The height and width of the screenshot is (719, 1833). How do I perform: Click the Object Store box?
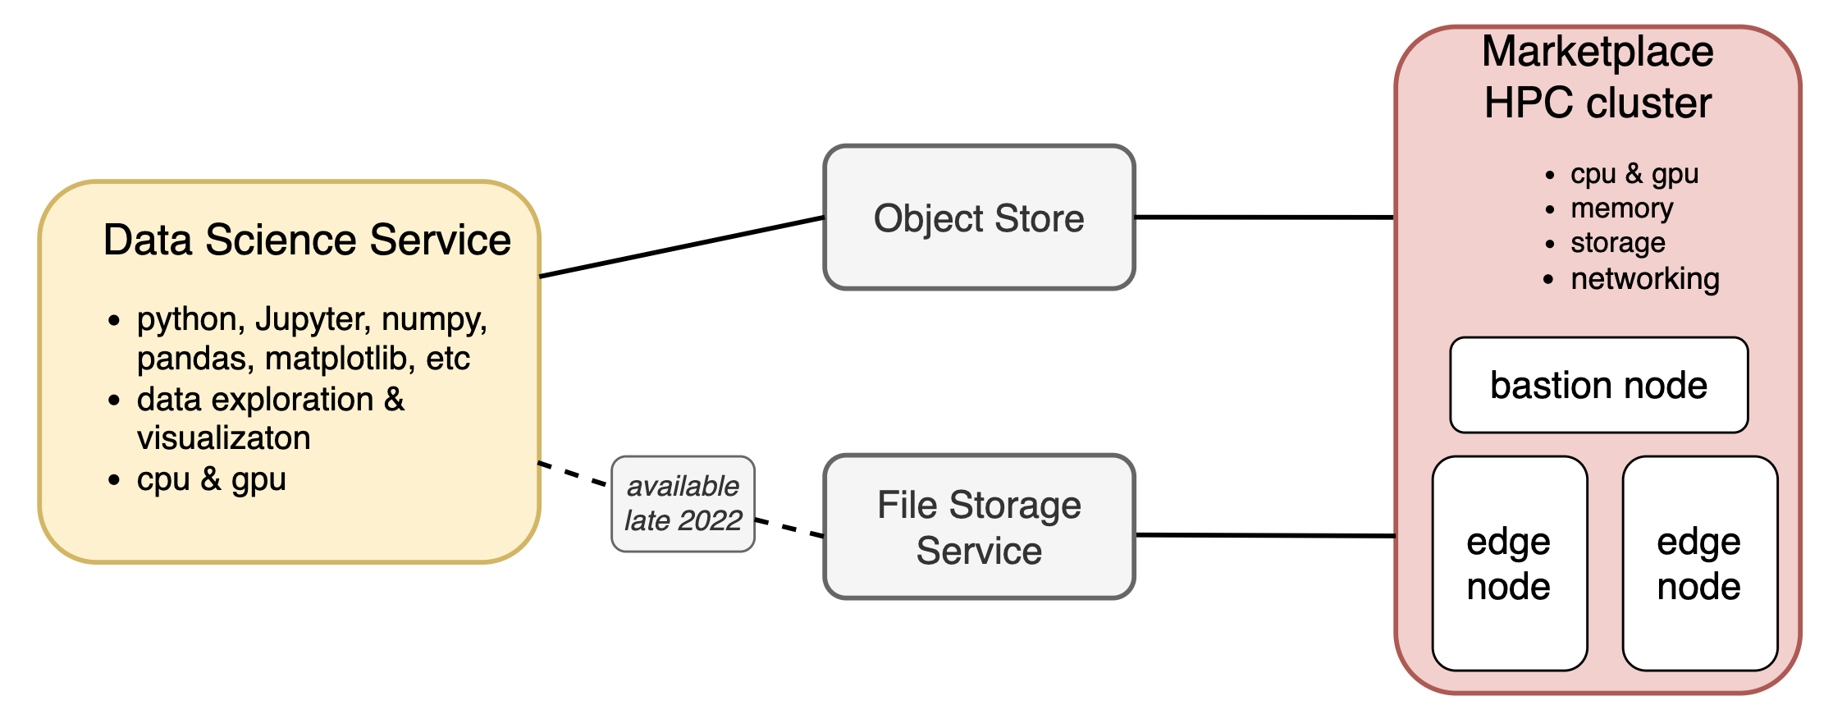click(979, 218)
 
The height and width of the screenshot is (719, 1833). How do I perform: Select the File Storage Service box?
click(979, 527)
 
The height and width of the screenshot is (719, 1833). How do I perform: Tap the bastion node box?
click(1598, 385)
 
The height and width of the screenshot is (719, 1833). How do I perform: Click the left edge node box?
click(1509, 564)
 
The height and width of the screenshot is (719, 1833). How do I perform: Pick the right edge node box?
click(1699, 564)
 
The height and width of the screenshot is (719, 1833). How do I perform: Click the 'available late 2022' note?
click(683, 503)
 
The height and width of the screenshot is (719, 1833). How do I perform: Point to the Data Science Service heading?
click(307, 240)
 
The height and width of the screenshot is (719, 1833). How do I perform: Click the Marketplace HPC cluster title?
click(1598, 77)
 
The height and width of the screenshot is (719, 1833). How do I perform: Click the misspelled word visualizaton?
click(223, 437)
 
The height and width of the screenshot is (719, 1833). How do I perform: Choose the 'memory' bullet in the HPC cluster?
click(1621, 208)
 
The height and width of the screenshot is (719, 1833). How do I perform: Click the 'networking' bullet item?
click(1644, 279)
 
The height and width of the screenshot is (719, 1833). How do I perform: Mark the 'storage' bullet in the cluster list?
click(1617, 243)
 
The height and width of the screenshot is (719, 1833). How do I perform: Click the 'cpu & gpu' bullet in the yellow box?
click(211, 479)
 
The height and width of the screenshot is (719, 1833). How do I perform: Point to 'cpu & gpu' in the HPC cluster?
click(1634, 174)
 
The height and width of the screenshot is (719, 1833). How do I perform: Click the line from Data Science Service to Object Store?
click(681, 246)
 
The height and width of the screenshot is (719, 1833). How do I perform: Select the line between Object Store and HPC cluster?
click(1264, 218)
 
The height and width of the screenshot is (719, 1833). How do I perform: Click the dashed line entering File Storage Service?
click(789, 528)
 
